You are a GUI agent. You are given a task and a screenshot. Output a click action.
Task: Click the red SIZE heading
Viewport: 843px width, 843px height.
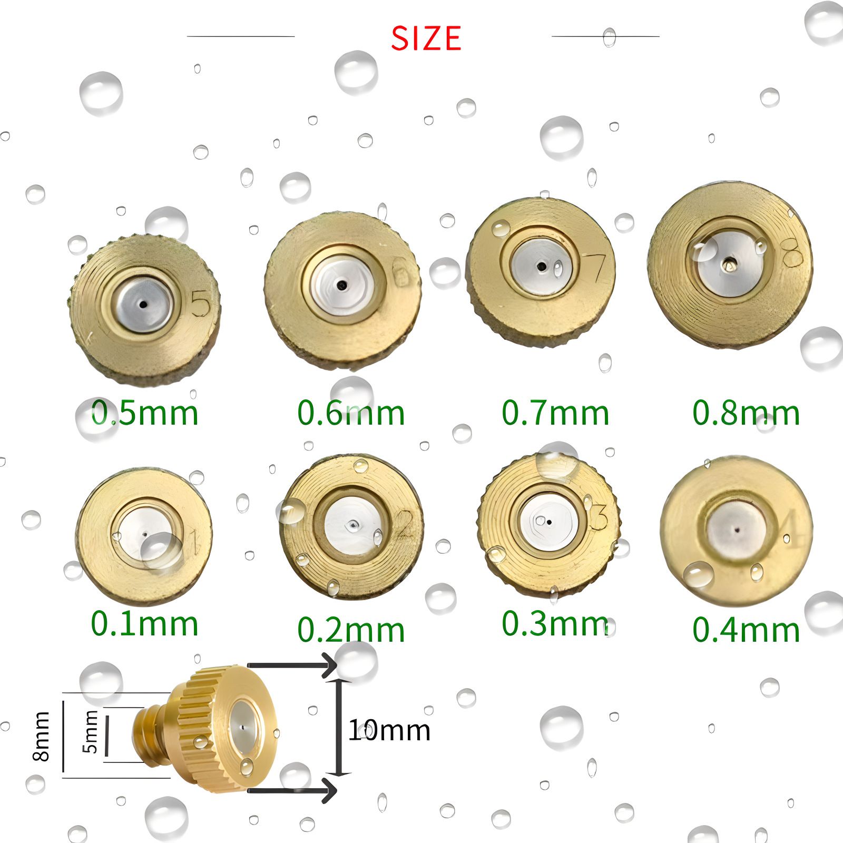tap(426, 38)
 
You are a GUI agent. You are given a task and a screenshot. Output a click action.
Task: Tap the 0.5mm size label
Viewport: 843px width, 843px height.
tap(145, 413)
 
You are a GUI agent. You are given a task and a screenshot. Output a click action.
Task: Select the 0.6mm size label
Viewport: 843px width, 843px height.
tap(351, 413)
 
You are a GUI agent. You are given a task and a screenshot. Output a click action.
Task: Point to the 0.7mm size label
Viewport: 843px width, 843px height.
tap(555, 413)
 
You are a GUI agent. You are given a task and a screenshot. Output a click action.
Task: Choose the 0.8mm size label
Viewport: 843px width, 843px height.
tap(746, 413)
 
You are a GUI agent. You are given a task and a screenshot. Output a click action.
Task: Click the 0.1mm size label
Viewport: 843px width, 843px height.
tap(145, 624)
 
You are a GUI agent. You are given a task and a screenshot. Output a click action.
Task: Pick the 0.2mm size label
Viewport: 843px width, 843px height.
tap(351, 630)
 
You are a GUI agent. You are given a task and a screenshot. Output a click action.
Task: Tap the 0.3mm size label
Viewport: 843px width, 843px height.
tap(555, 624)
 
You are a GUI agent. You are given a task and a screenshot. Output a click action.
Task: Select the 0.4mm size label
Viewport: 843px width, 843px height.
tap(746, 630)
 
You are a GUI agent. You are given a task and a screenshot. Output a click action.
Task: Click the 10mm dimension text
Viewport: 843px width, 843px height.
tap(389, 730)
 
